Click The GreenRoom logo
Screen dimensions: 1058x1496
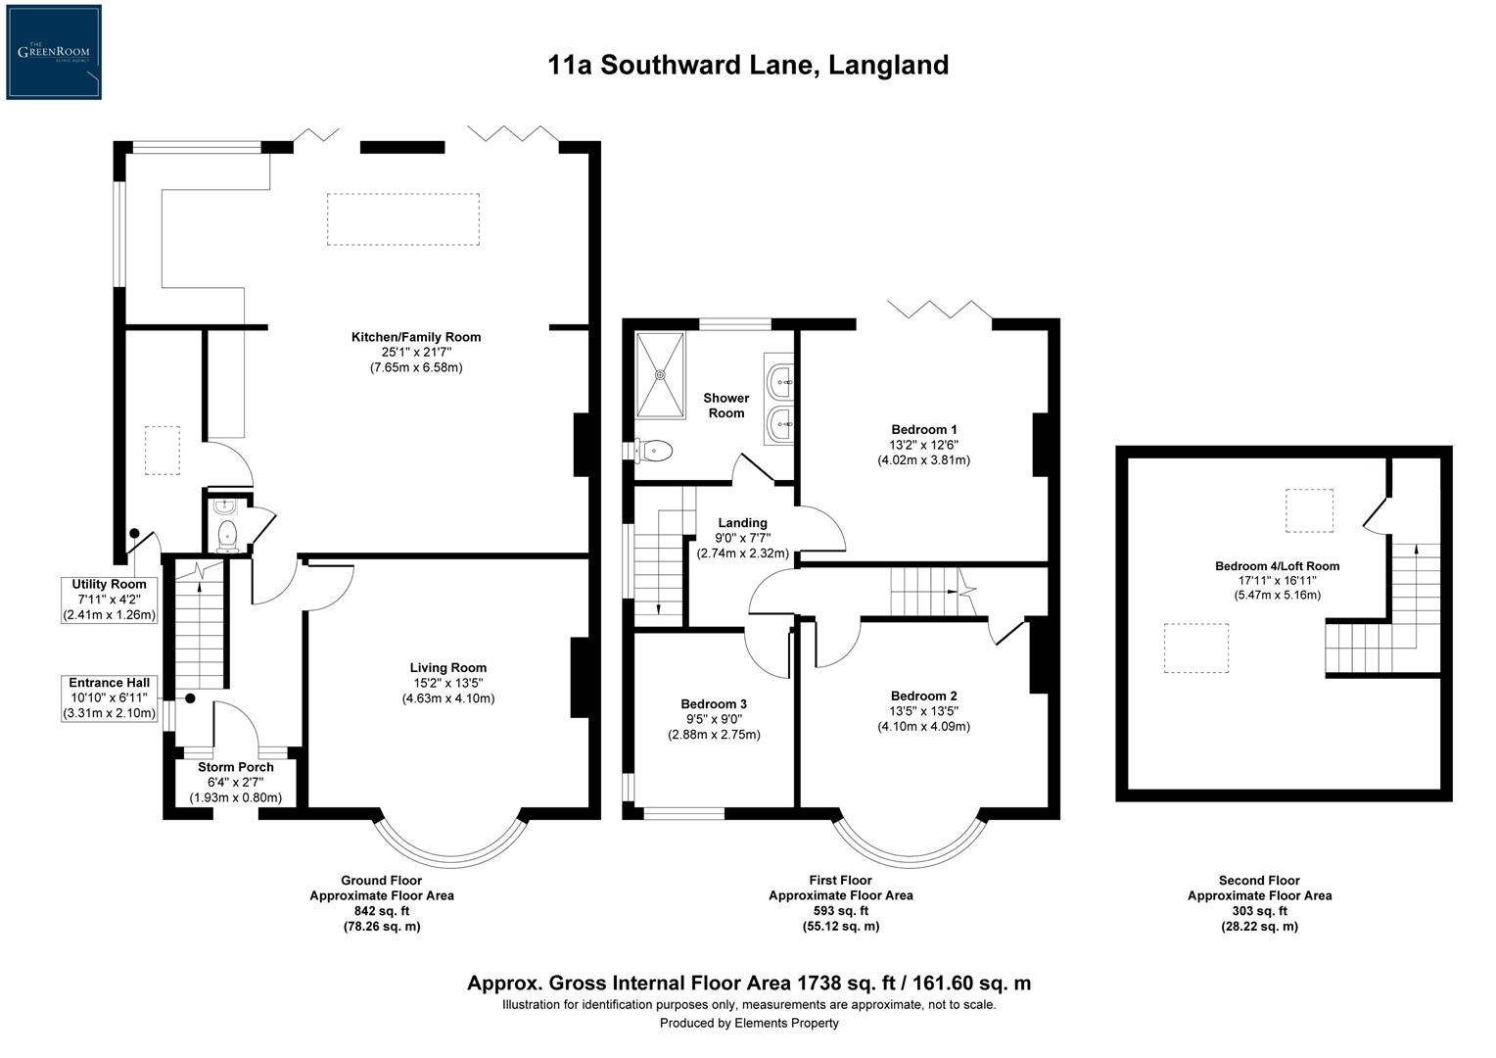tap(54, 52)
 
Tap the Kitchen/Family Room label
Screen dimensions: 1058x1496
tap(416, 337)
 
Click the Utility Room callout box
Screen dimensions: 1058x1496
tap(109, 600)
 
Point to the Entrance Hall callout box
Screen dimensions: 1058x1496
tap(109, 697)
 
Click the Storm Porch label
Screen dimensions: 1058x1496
tap(236, 767)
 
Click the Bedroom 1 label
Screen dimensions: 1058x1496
tap(923, 429)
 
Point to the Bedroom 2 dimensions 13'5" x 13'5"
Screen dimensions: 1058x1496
tap(923, 711)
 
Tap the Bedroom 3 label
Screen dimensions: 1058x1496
tap(714, 704)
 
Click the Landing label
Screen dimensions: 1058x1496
tap(742, 523)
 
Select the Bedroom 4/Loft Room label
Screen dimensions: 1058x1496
tap(1277, 566)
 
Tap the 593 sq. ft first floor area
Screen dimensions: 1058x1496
tap(840, 911)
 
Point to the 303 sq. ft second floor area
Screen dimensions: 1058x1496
tap(1259, 911)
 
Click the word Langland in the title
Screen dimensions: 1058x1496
tap(888, 66)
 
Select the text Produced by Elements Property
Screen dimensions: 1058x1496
tap(748, 1023)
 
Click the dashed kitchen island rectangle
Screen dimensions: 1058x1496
tap(402, 218)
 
